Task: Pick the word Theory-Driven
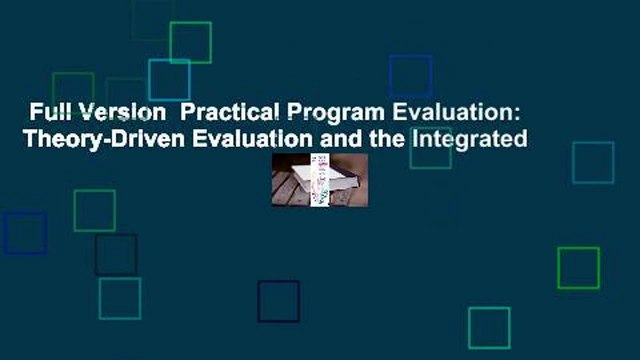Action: (x=89, y=139)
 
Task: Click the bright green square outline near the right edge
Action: (x=578, y=267)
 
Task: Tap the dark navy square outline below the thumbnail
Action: (x=278, y=301)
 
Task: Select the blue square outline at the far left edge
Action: (x=24, y=233)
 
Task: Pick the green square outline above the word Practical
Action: (x=190, y=42)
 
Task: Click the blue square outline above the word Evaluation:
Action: (x=410, y=76)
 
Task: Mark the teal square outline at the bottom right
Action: (x=489, y=328)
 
